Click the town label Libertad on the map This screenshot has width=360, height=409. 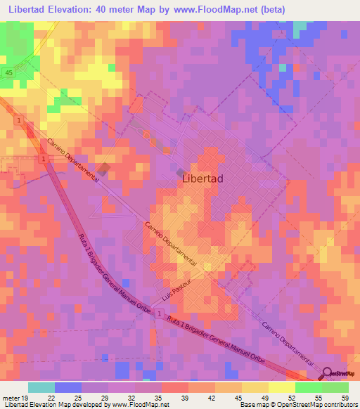[x=202, y=178]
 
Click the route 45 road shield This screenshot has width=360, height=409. [x=8, y=72]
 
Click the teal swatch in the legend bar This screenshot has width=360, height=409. [x=41, y=387]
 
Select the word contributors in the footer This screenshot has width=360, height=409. [x=337, y=404]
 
